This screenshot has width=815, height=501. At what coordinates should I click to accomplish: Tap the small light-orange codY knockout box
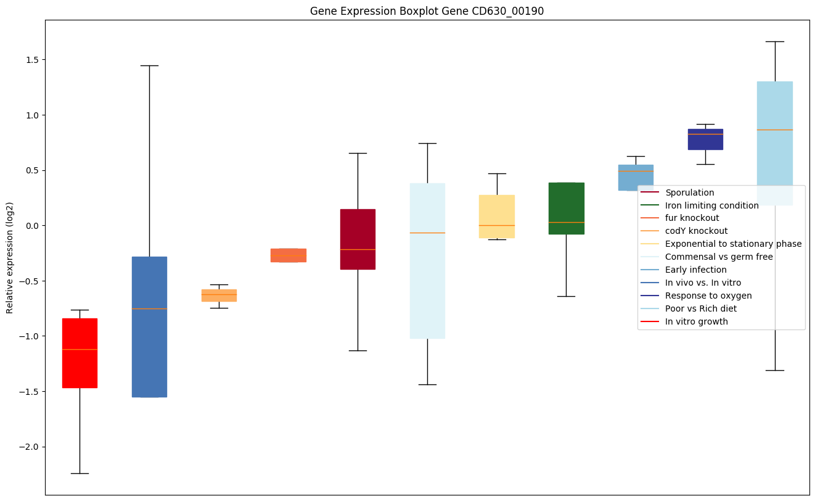(219, 296)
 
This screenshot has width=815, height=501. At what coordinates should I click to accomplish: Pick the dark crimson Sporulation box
(358, 239)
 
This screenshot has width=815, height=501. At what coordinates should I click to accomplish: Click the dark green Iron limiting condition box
(566, 209)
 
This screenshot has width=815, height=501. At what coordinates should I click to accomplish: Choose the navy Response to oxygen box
(705, 139)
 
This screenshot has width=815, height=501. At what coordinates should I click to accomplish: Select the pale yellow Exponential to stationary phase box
(497, 217)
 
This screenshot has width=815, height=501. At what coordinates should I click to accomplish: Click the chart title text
(427, 11)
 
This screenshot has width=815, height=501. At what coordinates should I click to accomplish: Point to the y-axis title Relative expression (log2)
(10, 257)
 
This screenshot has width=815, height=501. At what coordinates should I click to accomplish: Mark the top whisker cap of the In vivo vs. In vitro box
(149, 65)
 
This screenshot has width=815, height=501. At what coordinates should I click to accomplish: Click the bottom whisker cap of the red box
(80, 473)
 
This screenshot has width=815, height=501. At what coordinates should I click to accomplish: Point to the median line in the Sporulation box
(358, 249)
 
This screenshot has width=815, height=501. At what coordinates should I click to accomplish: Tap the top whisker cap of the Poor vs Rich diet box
(774, 41)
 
